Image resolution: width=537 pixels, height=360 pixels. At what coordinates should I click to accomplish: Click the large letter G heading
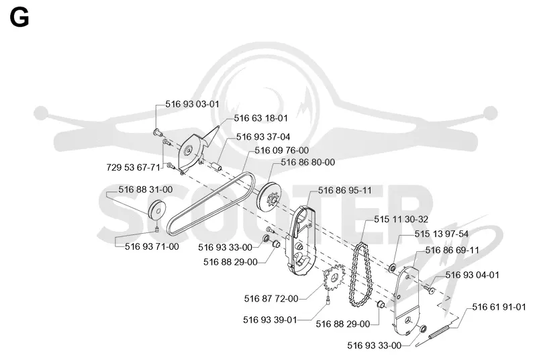[19, 18]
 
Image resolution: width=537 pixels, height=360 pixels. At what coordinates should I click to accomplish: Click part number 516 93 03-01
[192, 104]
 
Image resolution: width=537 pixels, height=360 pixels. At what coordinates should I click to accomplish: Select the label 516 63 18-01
[260, 118]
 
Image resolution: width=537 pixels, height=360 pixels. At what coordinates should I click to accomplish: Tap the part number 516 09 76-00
[281, 150]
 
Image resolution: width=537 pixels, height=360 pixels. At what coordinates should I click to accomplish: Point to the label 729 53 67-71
[133, 167]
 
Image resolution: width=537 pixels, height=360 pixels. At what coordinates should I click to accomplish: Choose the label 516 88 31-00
[146, 189]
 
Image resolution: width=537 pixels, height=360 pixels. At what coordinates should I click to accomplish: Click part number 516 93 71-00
[152, 246]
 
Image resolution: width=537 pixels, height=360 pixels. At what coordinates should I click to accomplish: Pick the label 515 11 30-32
[401, 219]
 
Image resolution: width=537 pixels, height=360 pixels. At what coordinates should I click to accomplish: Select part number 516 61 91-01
[499, 307]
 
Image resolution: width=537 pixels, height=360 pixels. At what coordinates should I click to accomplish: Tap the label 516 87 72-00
[271, 299]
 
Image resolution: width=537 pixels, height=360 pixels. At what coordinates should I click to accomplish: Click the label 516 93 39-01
[270, 320]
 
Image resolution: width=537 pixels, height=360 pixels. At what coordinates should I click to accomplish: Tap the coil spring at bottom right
[438, 332]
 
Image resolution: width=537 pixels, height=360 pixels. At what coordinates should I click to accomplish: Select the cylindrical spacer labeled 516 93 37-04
[216, 165]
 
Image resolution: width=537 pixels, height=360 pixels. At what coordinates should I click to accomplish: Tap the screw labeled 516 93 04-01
[428, 289]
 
